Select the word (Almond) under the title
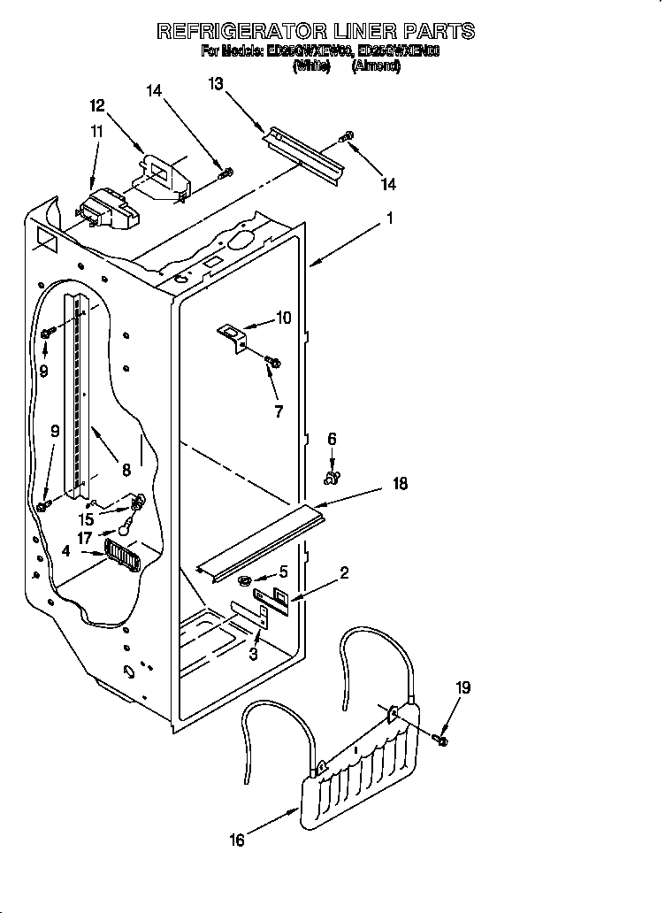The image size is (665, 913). (x=376, y=65)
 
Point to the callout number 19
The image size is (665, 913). (x=462, y=687)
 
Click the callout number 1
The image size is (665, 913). (x=389, y=217)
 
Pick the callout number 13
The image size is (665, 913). (x=216, y=83)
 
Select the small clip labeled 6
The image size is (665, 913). (x=332, y=479)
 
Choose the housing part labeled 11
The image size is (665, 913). (x=107, y=209)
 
